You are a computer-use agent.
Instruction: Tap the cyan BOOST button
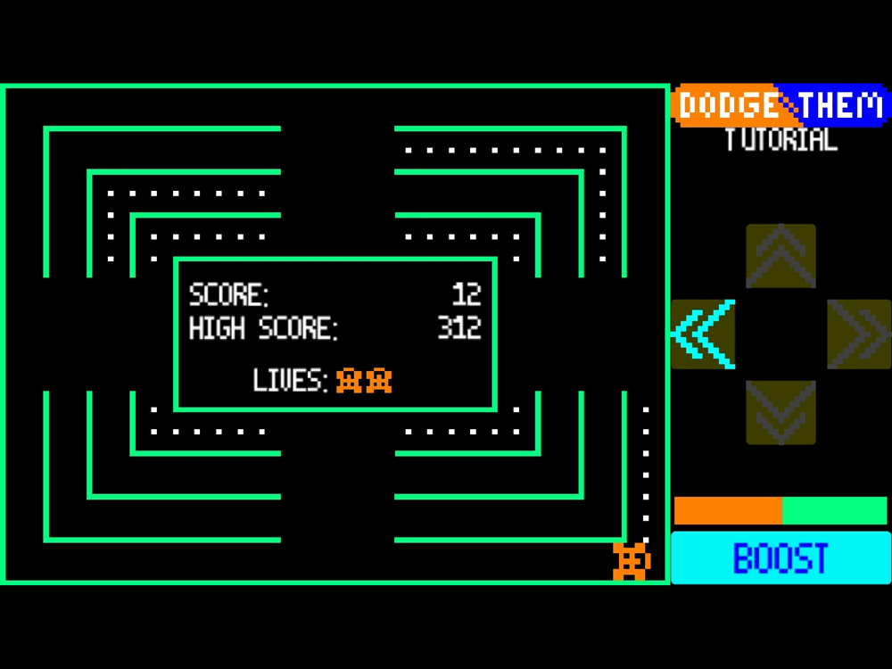tap(780, 558)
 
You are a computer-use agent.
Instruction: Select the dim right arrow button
tap(859, 334)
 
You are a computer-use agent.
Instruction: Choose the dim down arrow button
tap(780, 412)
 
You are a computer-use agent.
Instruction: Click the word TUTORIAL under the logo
tap(780, 140)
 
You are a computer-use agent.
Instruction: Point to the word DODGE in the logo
tap(728, 106)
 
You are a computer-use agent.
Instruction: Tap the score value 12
tap(467, 294)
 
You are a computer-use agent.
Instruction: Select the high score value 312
tap(459, 328)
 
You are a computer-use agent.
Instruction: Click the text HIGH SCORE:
tap(264, 328)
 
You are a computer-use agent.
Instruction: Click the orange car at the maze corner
tap(632, 561)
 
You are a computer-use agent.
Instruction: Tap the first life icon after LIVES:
tap(349, 381)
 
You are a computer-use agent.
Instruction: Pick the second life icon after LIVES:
tap(379, 381)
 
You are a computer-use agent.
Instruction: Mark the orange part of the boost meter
tap(728, 511)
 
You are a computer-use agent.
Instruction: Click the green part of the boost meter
tap(834, 511)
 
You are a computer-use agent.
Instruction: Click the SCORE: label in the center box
tap(229, 294)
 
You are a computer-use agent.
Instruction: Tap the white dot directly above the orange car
tap(646, 539)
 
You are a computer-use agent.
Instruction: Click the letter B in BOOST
tap(743, 559)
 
